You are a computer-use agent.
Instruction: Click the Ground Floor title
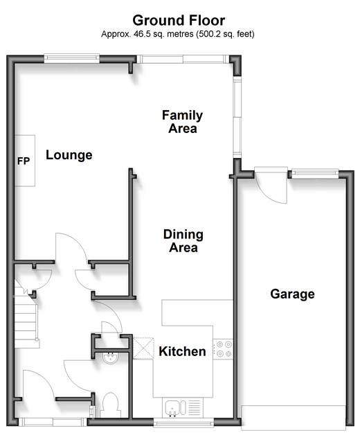(x=179, y=21)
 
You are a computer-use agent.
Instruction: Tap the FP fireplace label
(x=24, y=161)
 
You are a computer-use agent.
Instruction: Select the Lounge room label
(x=69, y=155)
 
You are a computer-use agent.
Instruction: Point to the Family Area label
(x=183, y=122)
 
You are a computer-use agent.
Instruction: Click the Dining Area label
(x=183, y=241)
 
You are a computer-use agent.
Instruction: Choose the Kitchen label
(x=182, y=351)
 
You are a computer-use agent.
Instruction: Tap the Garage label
(x=292, y=294)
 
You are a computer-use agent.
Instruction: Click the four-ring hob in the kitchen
(x=223, y=349)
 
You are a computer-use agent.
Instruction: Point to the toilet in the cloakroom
(x=111, y=405)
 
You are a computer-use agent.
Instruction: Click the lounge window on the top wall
(x=72, y=57)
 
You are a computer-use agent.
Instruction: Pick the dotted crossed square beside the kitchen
(x=143, y=348)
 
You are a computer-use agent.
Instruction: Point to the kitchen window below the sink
(x=183, y=424)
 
